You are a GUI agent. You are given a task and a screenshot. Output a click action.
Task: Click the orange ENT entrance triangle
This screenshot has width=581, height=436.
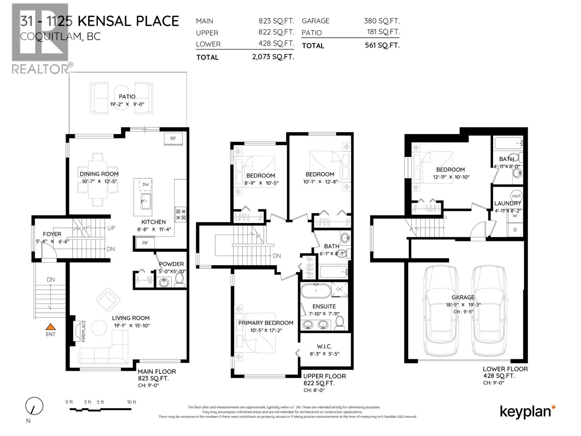pos(50,327)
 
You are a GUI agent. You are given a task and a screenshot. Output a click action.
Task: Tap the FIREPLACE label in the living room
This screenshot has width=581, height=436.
pos(83,331)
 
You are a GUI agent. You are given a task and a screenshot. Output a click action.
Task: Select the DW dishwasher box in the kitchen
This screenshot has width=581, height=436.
pos(146,185)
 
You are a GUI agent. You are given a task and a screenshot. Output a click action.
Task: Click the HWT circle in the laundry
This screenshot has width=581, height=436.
pos(516,196)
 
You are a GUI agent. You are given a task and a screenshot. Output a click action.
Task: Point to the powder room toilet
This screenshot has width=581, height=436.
pos(179,279)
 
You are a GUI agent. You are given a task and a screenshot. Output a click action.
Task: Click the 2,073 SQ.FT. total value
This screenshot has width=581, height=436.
pos(273,57)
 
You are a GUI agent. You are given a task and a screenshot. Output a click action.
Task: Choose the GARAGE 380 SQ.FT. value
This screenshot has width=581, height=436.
pos(382,21)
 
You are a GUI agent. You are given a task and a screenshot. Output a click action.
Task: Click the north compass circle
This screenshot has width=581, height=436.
pos(34,406)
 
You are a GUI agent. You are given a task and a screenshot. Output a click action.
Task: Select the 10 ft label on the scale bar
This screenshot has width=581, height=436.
pos(131,402)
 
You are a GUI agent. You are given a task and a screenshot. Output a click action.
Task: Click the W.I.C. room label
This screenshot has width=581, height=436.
pos(324,346)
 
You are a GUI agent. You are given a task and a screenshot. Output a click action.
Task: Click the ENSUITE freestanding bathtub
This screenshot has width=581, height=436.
pos(316,291)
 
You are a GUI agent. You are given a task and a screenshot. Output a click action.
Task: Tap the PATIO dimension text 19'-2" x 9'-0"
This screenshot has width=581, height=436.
pos(127,104)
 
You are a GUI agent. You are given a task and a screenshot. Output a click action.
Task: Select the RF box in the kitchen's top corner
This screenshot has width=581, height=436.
pos(173,138)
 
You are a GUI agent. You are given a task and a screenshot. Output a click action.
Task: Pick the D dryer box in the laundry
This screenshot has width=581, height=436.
pos(515,230)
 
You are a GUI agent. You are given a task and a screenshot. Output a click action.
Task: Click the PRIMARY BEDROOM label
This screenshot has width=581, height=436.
pos(265,323)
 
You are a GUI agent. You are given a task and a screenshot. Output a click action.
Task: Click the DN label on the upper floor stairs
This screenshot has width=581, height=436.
pos(277,256)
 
